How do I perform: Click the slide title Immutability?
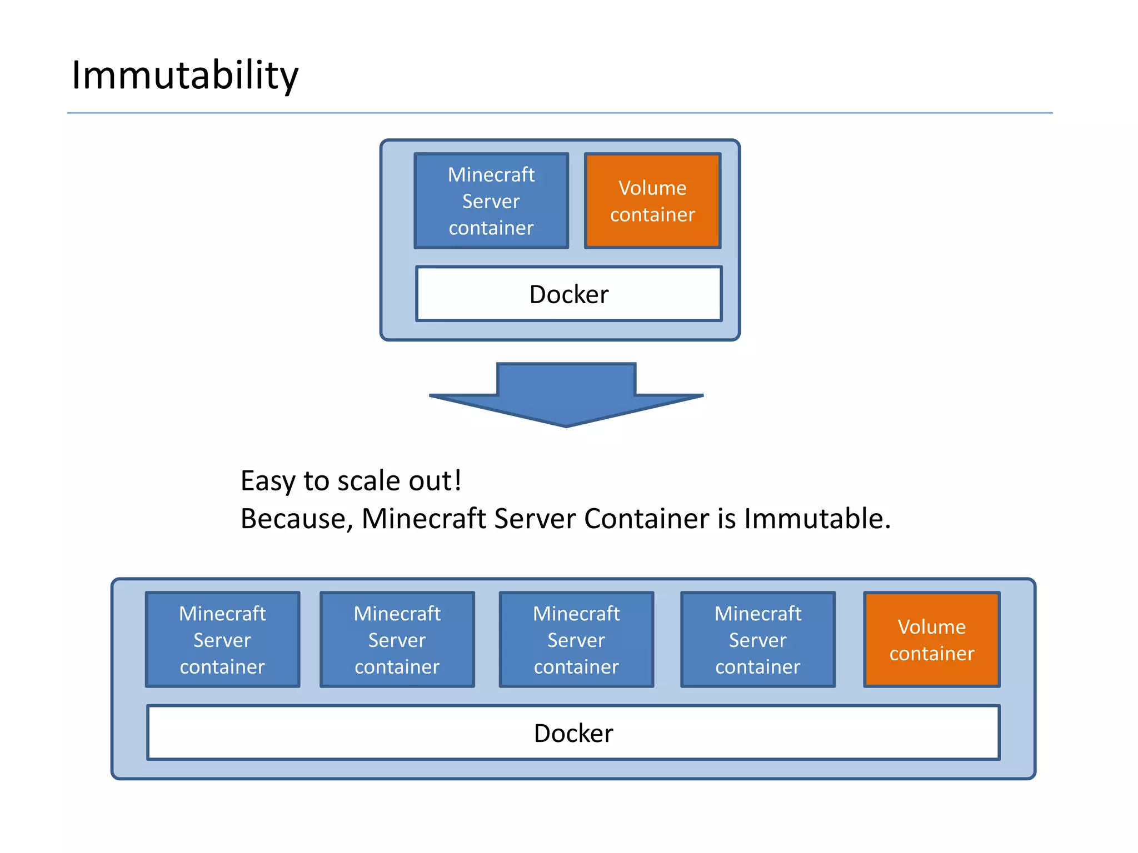point(185,75)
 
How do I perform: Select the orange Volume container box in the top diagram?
point(652,200)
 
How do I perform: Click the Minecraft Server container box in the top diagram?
point(491,200)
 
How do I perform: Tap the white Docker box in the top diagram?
point(568,294)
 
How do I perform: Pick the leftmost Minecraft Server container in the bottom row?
point(222,639)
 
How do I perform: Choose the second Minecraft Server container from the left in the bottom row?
point(397,639)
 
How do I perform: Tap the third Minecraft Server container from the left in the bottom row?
point(576,639)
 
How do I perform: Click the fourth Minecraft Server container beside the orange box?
point(758,639)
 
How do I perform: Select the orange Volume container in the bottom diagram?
point(931,639)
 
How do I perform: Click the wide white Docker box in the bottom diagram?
point(573,732)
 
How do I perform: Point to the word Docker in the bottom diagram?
point(573,734)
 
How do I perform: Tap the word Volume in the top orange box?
point(652,188)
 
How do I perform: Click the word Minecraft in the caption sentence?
point(423,519)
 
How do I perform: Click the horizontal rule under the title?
point(560,113)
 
